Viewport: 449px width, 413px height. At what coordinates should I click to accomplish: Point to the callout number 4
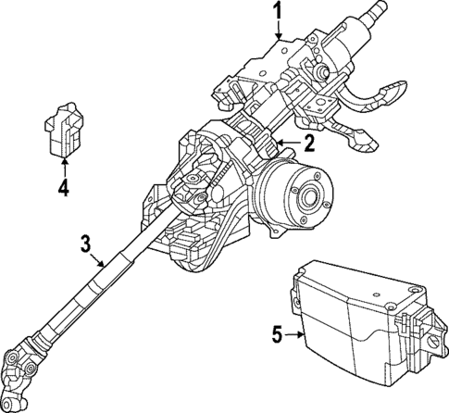point(63,191)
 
